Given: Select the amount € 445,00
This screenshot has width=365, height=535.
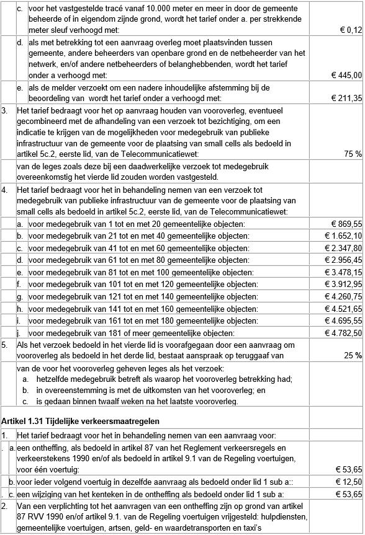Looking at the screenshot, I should click(x=346, y=75).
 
